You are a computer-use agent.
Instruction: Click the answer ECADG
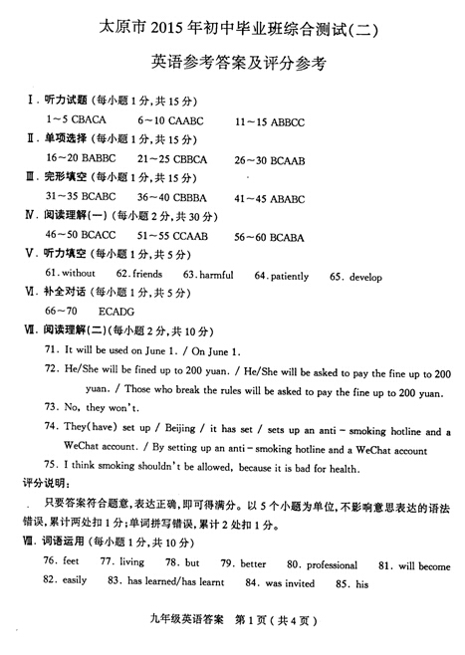118,311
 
